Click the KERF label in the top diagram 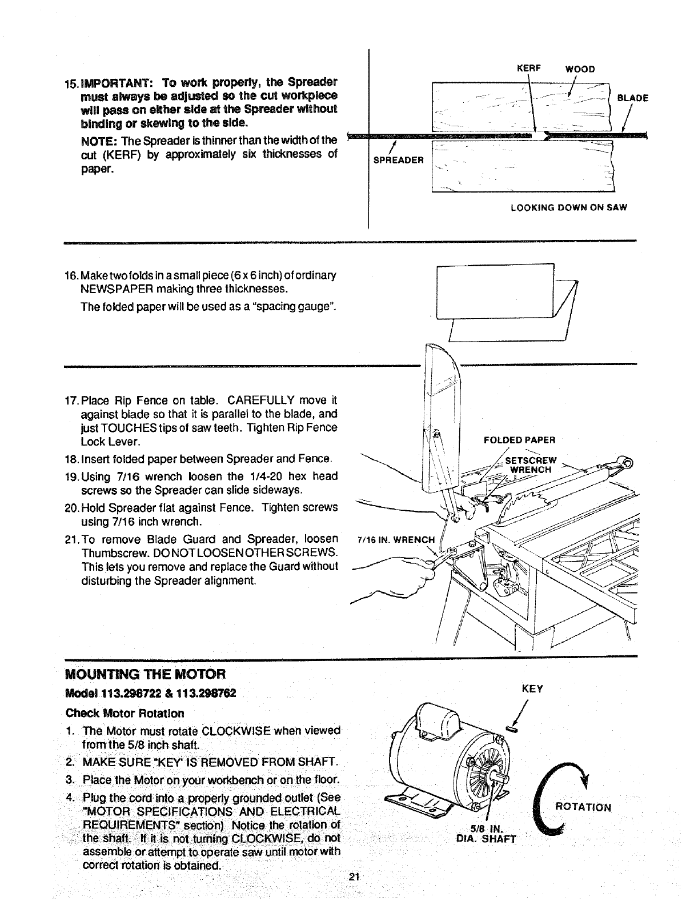coord(524,69)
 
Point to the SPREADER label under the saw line coord(398,160)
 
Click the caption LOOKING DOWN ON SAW coord(569,208)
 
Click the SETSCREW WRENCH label coord(531,466)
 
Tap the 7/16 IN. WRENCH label coord(395,539)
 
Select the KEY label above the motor coord(532,689)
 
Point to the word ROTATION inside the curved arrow coord(583,808)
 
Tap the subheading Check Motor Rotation coord(125,713)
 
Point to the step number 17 coord(73,400)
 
